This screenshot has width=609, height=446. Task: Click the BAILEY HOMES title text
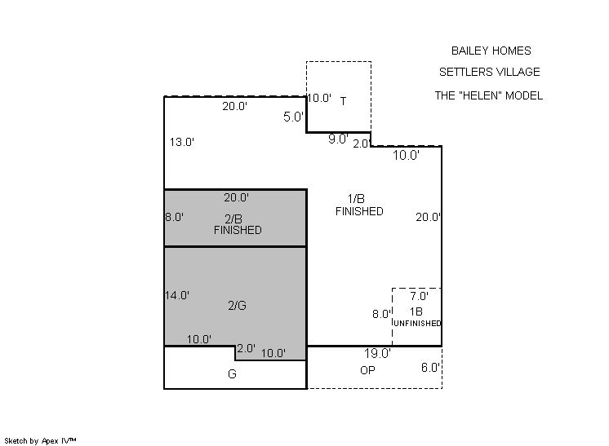coord(491,51)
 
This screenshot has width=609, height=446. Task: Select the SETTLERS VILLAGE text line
coord(489,72)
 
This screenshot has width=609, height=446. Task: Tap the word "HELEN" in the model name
coord(479,95)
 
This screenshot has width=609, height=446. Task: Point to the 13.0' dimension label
coord(182,142)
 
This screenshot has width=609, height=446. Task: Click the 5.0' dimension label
coord(293,117)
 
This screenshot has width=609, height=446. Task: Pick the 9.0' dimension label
coord(338,139)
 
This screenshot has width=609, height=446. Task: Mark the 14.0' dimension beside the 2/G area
coord(176,295)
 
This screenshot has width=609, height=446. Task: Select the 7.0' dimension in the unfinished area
coord(419,296)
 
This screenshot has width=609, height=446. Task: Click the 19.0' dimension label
coord(377,353)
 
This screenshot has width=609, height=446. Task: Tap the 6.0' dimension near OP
coord(430,367)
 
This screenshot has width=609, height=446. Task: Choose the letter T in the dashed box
coord(343,101)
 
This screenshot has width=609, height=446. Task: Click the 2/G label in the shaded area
coord(237,306)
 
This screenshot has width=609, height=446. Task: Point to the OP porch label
coord(367,370)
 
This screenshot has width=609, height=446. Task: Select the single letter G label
coord(232,374)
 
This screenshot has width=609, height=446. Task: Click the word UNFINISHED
coord(417,323)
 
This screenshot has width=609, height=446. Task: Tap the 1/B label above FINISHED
coord(356,199)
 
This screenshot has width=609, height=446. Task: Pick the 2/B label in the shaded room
coord(233,219)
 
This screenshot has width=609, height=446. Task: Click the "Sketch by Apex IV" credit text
coord(40,441)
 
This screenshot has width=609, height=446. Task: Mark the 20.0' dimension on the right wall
coord(428,217)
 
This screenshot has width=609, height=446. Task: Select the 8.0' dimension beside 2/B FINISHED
coord(174,217)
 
